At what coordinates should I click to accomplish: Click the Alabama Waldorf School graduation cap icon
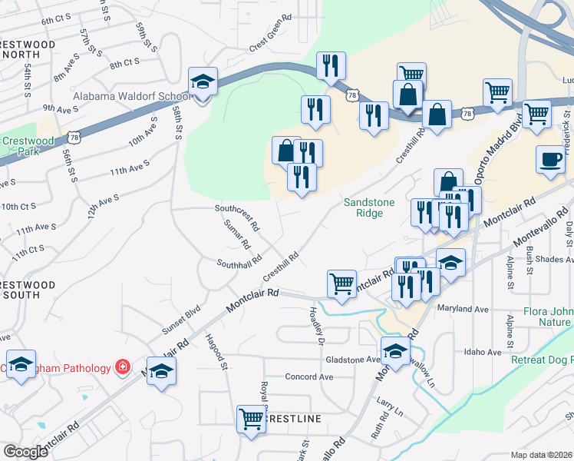pyautogui.click(x=203, y=81)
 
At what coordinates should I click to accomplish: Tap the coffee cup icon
pyautogui.click(x=550, y=159)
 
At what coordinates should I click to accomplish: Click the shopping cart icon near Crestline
pyautogui.click(x=251, y=419)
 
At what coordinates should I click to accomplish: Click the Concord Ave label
pyautogui.click(x=308, y=377)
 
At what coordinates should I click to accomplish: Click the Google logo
pyautogui.click(x=25, y=452)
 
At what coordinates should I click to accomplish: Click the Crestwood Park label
pyautogui.click(x=23, y=146)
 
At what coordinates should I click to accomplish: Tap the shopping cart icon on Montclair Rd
pyautogui.click(x=341, y=283)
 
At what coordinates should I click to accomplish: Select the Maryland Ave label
pyautogui.click(x=463, y=310)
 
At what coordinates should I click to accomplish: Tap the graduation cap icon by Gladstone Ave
pyautogui.click(x=396, y=350)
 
